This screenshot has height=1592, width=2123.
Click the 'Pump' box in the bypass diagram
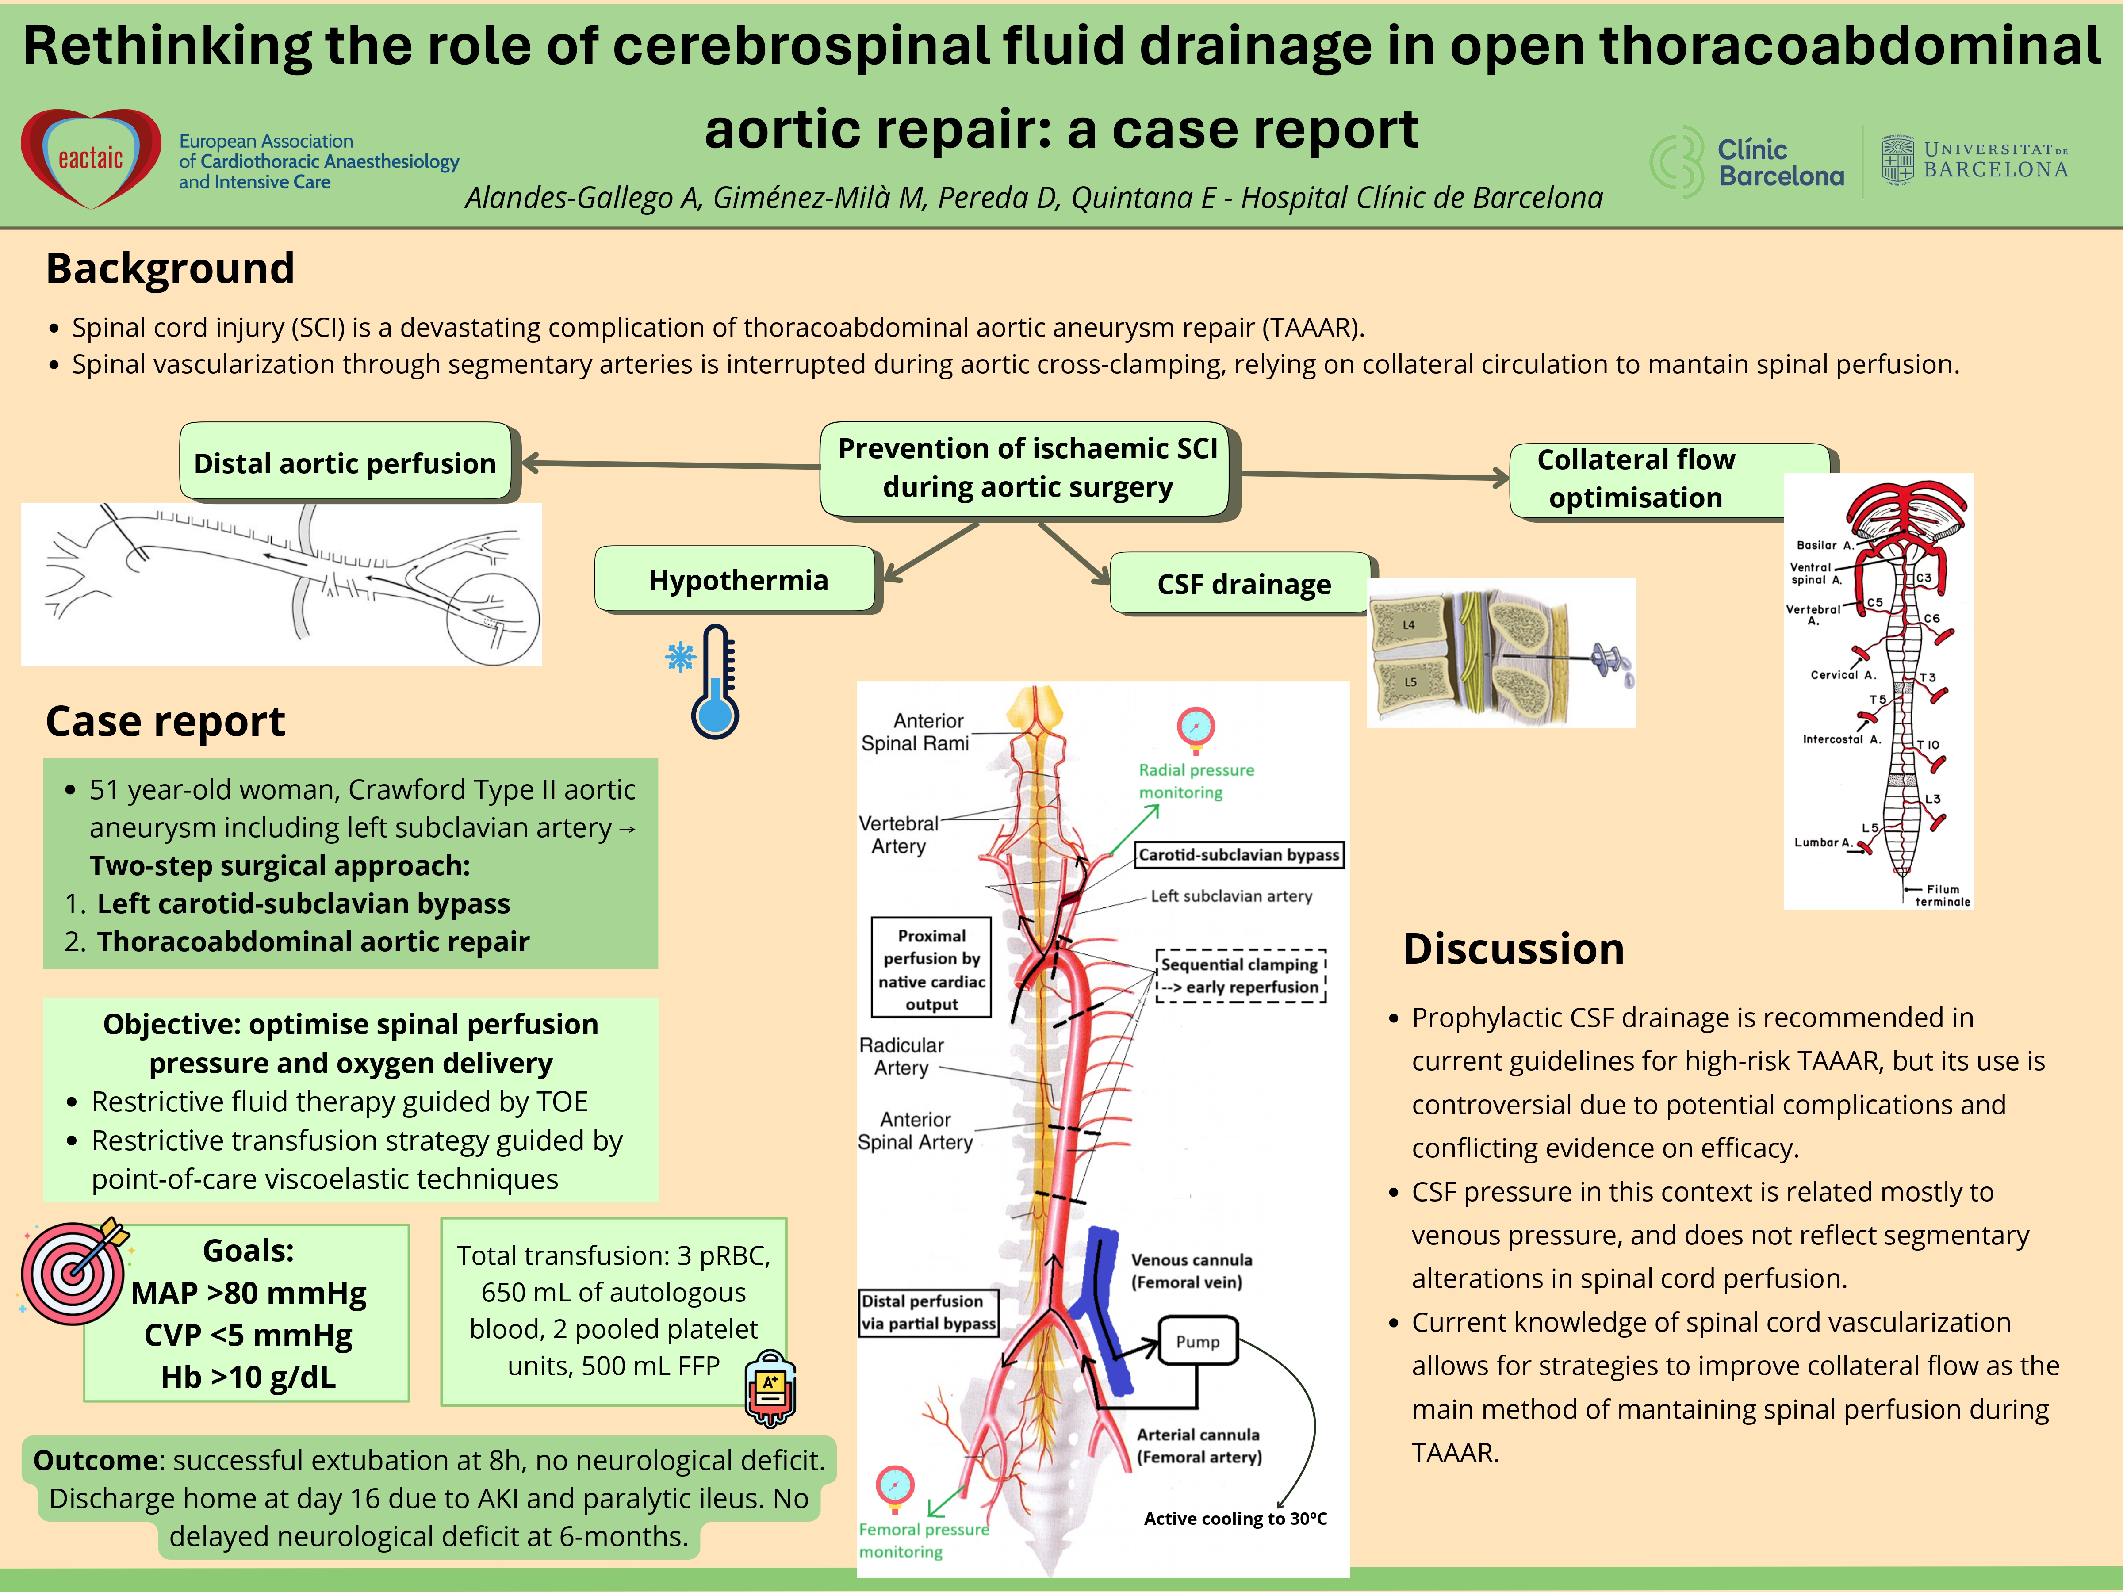click(1198, 1342)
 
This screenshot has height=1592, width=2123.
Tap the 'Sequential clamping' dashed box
click(1240, 976)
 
